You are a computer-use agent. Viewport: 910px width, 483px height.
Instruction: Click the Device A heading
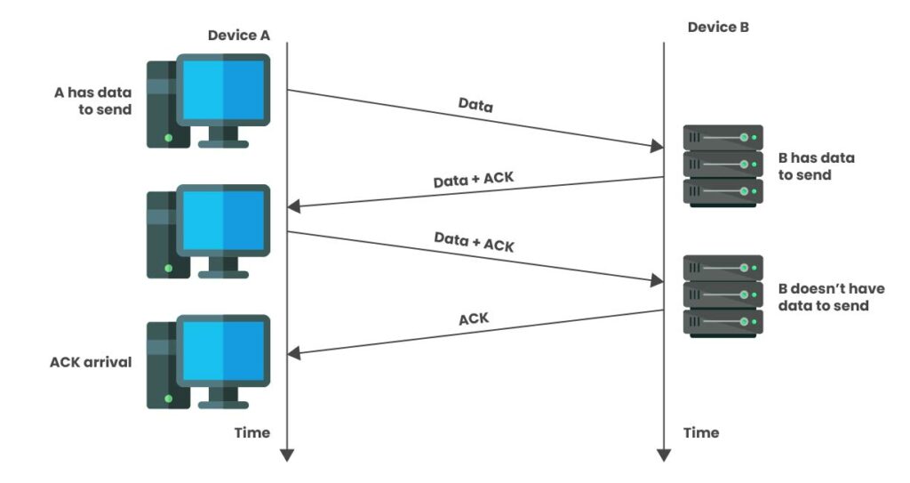point(238,36)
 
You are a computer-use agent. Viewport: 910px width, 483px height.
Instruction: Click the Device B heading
point(718,28)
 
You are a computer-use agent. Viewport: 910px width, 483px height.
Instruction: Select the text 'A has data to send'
point(92,101)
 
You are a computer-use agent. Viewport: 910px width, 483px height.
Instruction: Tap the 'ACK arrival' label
point(92,362)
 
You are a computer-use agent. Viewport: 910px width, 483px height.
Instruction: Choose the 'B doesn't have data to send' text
point(830,297)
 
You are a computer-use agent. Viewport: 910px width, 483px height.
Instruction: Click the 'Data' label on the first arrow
point(475,104)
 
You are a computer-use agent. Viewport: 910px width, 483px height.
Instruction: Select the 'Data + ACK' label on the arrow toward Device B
point(474,241)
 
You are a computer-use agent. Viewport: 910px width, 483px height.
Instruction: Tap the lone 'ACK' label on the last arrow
point(474,317)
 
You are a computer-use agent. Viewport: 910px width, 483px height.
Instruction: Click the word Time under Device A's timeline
point(251,432)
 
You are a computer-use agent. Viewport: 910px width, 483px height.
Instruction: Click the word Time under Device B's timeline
point(701,432)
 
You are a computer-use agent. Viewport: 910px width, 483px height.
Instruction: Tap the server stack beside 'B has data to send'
point(722,165)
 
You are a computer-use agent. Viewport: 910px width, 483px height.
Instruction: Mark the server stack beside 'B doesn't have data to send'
point(722,294)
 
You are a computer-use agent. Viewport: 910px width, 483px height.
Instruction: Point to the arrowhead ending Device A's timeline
point(286,455)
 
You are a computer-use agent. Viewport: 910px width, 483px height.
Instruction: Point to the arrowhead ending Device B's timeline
point(664,455)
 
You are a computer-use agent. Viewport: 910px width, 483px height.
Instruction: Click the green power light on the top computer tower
point(167,138)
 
